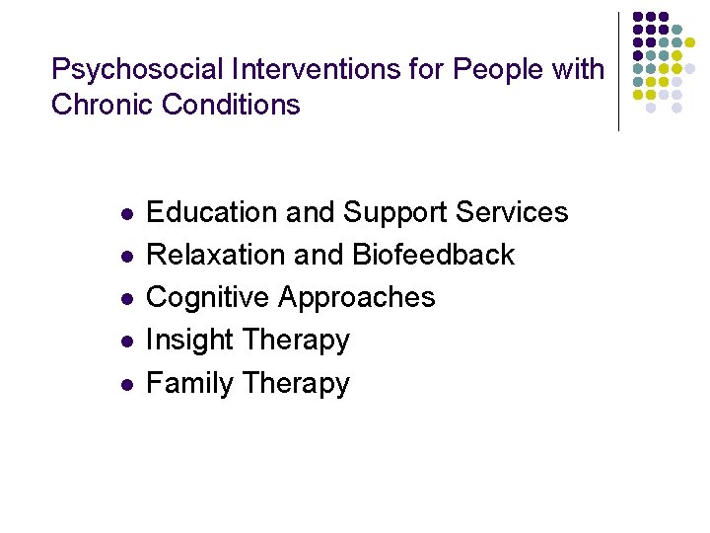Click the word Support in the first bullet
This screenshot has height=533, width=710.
(x=393, y=213)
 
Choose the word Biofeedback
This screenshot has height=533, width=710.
(x=433, y=255)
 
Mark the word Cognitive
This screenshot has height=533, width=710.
(x=208, y=297)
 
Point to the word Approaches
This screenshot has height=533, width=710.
(x=357, y=298)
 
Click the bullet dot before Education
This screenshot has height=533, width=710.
(x=125, y=214)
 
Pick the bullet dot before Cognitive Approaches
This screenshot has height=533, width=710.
(x=125, y=299)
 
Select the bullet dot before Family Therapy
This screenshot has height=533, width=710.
(x=125, y=384)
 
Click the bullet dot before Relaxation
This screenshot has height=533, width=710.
(x=125, y=257)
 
